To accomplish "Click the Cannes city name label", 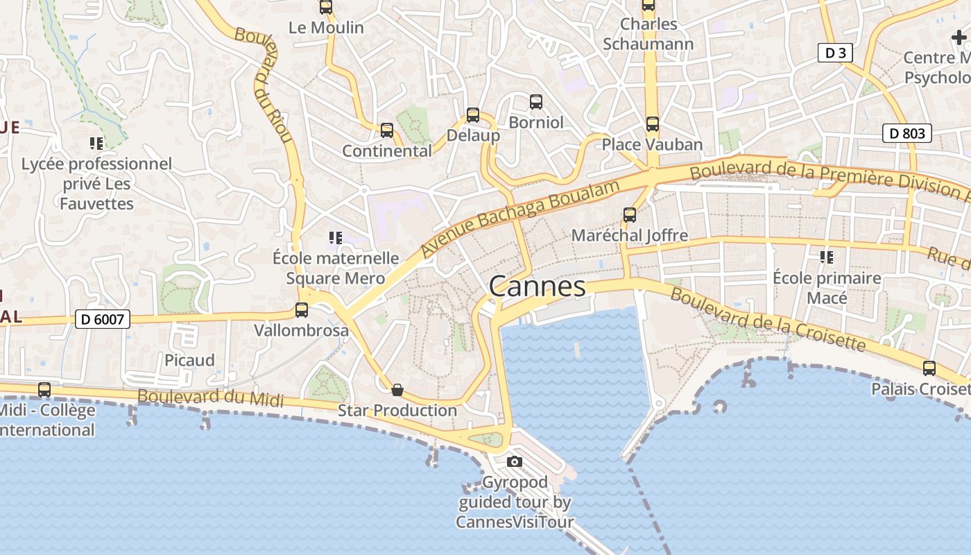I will pos(538,286).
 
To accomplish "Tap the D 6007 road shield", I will pos(102,319).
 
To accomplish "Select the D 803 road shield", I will pos(906,133).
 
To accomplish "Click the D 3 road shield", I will pos(835,53).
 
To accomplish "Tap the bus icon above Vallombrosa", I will pos(302,310).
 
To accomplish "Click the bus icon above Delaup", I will pos(473,115).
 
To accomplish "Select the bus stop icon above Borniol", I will pos(536,102).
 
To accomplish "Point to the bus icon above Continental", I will pos(387,130).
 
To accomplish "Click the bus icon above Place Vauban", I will pos(652,124).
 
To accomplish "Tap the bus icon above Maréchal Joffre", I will pos(630,215).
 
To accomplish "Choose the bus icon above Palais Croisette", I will pos(929,368).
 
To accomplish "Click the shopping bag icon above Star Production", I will pos(397,390).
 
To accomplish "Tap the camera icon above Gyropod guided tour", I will pos(515,461).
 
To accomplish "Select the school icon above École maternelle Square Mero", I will pos(336,238).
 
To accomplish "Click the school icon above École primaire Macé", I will pos(827,257).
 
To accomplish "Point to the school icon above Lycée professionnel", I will pos(96,144).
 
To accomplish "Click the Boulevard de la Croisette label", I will pos(768,319).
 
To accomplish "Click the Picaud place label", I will pos(189,360).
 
